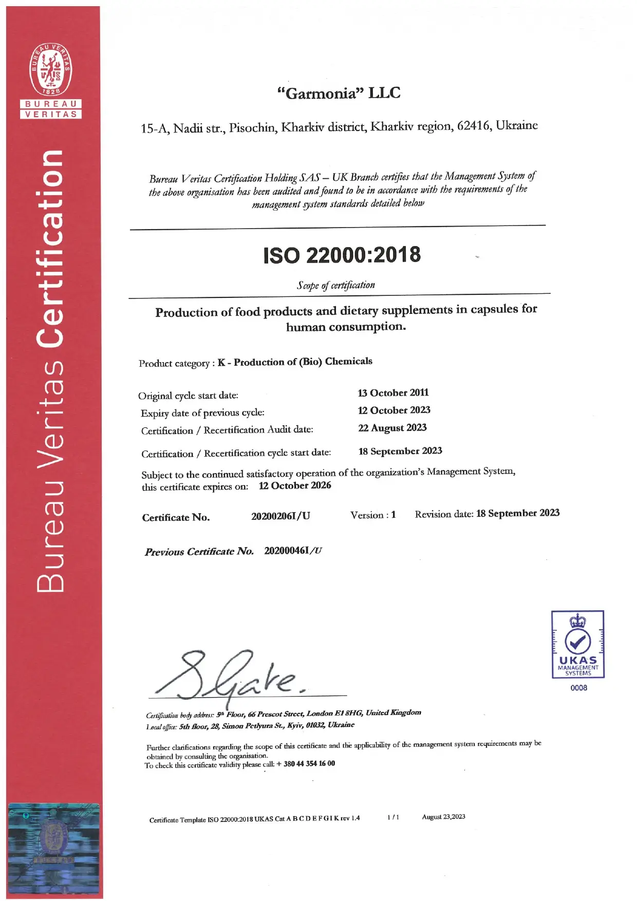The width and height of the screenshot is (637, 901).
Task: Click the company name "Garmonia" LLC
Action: tap(339, 93)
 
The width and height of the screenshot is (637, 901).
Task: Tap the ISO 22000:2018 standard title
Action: tap(342, 255)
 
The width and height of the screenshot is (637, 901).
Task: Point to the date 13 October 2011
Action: tap(393, 393)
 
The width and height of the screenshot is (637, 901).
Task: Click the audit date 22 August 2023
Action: tap(392, 428)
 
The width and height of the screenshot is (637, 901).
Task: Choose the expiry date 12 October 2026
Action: tap(295, 485)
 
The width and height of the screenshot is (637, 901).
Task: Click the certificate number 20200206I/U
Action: tap(280, 516)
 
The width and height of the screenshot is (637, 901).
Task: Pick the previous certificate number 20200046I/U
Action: tap(293, 551)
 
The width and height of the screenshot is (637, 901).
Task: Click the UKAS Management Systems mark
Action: tap(577, 644)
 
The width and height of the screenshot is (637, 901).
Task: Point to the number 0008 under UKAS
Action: tap(578, 688)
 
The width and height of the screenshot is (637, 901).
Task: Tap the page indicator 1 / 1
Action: tap(393, 817)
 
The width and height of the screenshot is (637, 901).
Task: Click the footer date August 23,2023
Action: tap(443, 817)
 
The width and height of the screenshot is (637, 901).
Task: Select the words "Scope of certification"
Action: tap(336, 285)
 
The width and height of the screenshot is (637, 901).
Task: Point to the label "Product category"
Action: tap(174, 364)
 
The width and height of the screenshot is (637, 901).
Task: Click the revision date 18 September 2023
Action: tap(517, 513)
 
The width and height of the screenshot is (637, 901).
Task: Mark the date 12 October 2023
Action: tap(394, 410)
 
